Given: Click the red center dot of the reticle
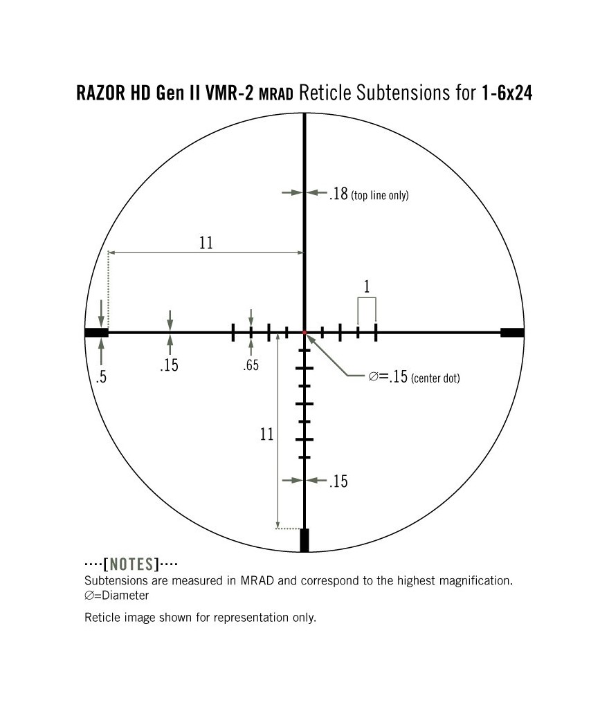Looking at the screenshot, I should click(x=304, y=333).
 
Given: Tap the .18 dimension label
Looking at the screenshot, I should click(x=338, y=194).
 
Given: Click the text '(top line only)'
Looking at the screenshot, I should click(x=380, y=196).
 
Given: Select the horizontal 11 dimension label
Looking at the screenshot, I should click(x=206, y=243).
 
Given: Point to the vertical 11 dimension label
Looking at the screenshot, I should click(x=266, y=434).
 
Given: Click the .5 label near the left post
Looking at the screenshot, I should click(x=102, y=378).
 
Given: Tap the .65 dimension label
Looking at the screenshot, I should click(x=251, y=365).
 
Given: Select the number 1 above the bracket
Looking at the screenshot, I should click(x=366, y=286).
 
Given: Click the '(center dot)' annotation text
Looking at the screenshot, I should click(x=435, y=378).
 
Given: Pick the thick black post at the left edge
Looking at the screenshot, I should click(x=96, y=333).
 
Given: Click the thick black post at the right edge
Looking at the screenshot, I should click(x=512, y=333).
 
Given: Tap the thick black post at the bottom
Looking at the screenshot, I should click(x=304, y=540).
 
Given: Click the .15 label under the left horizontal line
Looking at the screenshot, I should click(x=169, y=365).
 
